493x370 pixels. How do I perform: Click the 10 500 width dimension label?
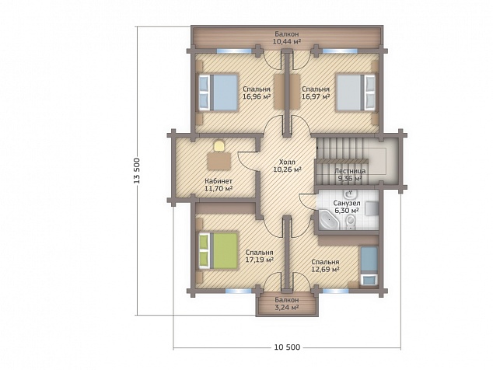pyautogui.click(x=288, y=347)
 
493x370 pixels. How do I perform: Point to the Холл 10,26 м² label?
pyautogui.click(x=288, y=166)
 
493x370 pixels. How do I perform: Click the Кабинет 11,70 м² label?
pyautogui.click(x=219, y=185)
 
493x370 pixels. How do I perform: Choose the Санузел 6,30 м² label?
pyautogui.click(x=347, y=207)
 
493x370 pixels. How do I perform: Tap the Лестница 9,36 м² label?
pyautogui.click(x=350, y=175)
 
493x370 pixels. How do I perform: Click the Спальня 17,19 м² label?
pyautogui.click(x=260, y=257)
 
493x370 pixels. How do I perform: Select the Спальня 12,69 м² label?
pyautogui.click(x=325, y=266)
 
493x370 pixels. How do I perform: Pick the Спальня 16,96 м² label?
pyautogui.click(x=257, y=93)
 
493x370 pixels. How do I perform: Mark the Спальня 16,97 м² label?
pyautogui.click(x=316, y=93)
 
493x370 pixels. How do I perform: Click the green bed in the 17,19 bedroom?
pyautogui.click(x=218, y=250)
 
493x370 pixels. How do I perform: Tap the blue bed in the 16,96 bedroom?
pyautogui.click(x=218, y=92)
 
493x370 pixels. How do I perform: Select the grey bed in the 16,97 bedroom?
pyautogui.click(x=355, y=92)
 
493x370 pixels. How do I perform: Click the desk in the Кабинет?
pyautogui.click(x=219, y=161)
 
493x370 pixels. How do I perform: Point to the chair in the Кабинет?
pyautogui.click(x=219, y=146)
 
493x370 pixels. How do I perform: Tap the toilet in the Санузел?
pyautogui.click(x=350, y=222)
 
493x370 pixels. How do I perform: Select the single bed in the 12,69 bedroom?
pyautogui.click(x=369, y=266)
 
